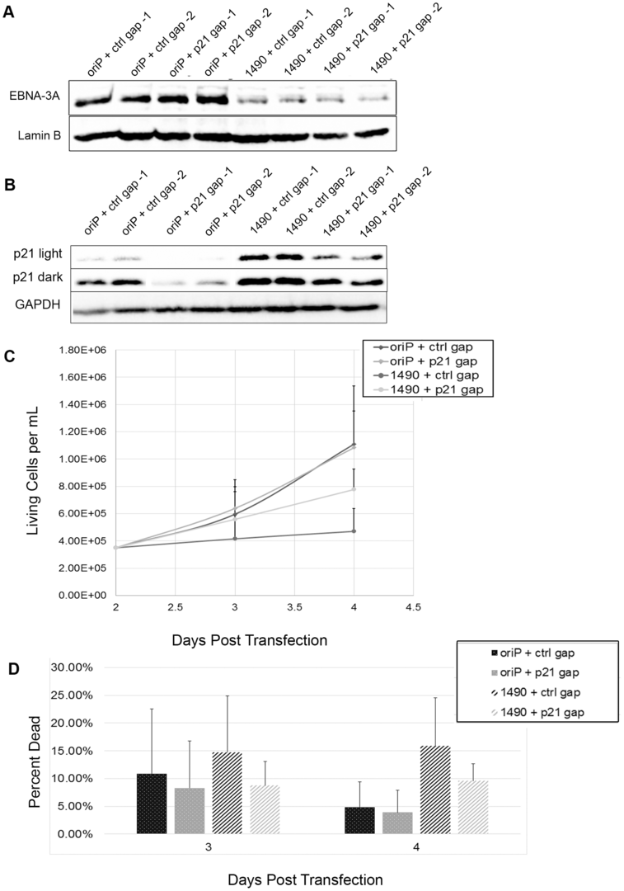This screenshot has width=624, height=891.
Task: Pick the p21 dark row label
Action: click(33, 280)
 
